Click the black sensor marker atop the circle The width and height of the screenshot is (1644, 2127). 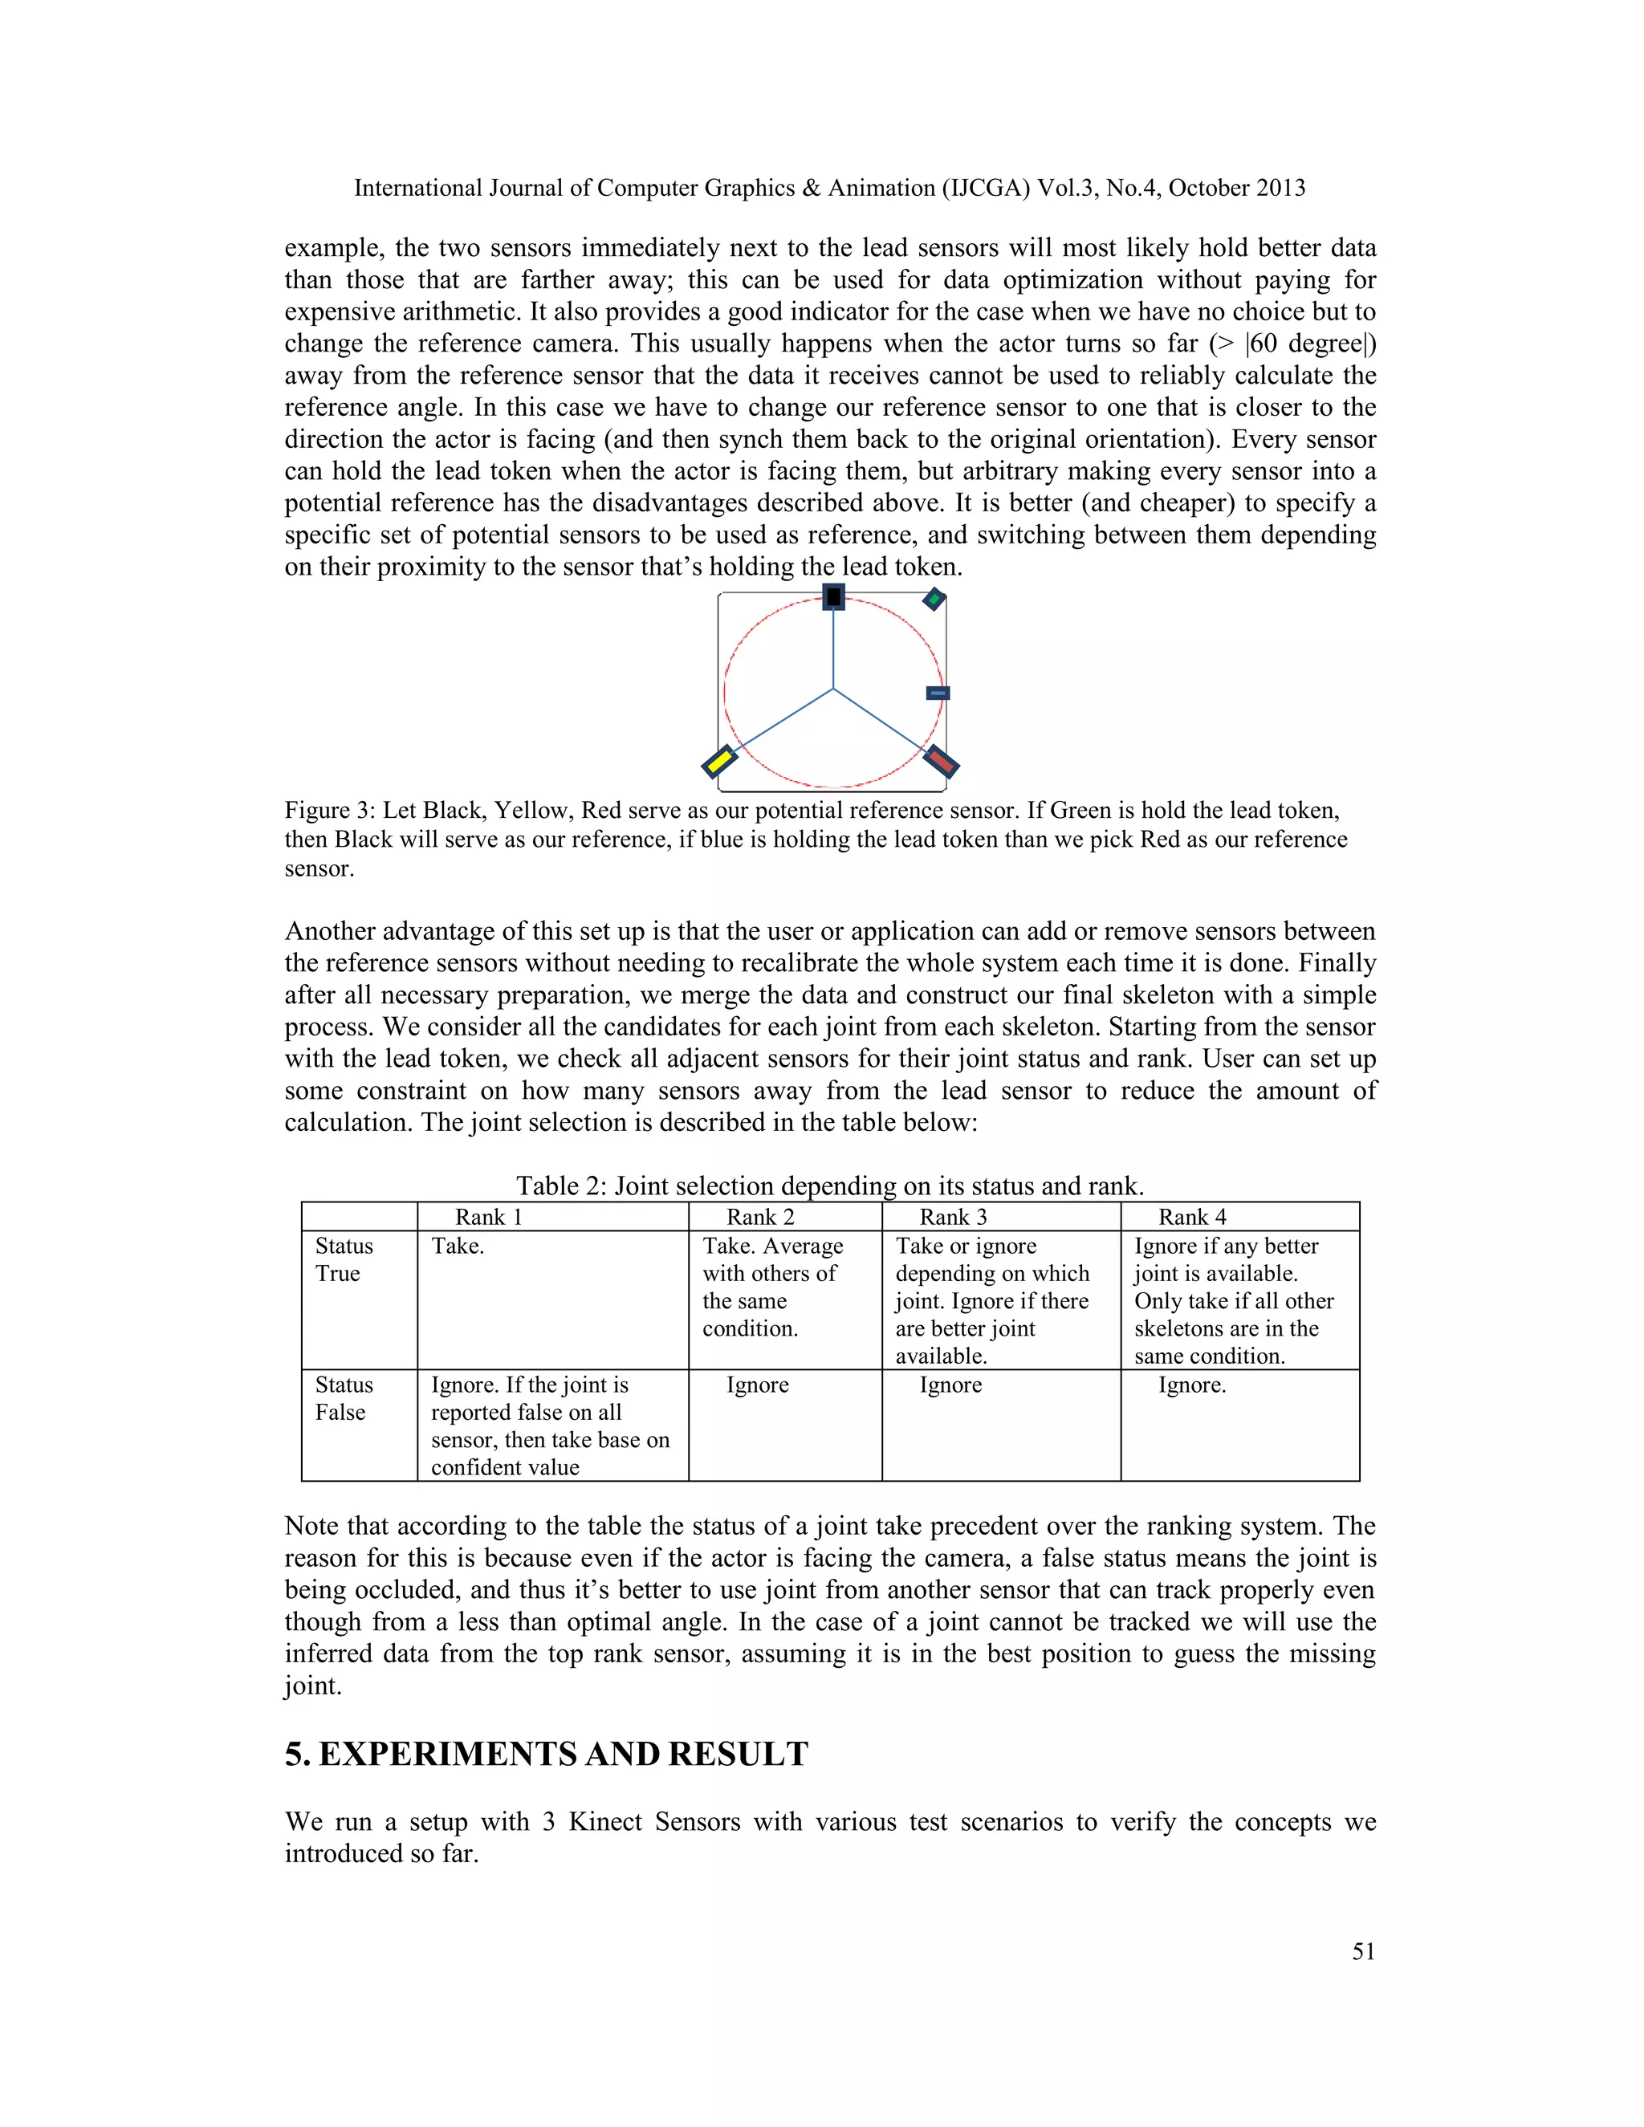(832, 597)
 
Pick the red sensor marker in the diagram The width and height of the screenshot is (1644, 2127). (941, 761)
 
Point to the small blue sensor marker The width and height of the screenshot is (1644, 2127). (938, 693)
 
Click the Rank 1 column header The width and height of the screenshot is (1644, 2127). (489, 1216)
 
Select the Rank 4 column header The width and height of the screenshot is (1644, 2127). (1192, 1216)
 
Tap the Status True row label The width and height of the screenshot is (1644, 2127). (344, 1259)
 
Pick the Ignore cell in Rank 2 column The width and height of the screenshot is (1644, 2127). (758, 1385)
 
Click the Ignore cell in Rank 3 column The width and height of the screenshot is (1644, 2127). (950, 1385)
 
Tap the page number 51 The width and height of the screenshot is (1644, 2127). (1364, 1950)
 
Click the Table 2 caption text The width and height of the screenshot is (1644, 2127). (830, 1186)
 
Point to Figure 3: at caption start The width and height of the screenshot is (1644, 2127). (329, 811)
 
